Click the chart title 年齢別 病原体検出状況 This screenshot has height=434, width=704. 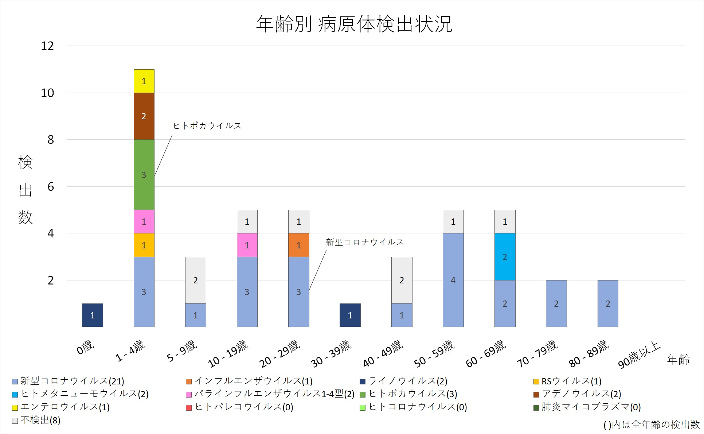[354, 24]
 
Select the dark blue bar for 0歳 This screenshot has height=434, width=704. [93, 315]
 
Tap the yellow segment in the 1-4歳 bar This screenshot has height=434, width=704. [144, 81]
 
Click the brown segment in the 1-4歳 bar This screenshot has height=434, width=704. [144, 116]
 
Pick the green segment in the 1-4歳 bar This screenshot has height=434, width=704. [144, 175]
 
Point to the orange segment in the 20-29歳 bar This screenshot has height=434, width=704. [299, 245]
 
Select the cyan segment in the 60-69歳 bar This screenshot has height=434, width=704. [505, 257]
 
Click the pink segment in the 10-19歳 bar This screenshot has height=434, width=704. [247, 245]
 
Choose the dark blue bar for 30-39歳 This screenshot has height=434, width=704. [350, 315]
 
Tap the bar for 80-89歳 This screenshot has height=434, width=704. [608, 303]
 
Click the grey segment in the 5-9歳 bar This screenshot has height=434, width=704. [196, 280]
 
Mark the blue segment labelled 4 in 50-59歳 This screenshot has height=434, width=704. [453, 280]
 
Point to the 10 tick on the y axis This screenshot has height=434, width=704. [47, 93]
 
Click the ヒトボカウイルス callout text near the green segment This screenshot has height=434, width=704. [207, 126]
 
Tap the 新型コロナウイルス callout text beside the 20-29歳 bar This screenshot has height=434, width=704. [365, 242]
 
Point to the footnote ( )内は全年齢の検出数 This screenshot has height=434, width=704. [652, 425]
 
